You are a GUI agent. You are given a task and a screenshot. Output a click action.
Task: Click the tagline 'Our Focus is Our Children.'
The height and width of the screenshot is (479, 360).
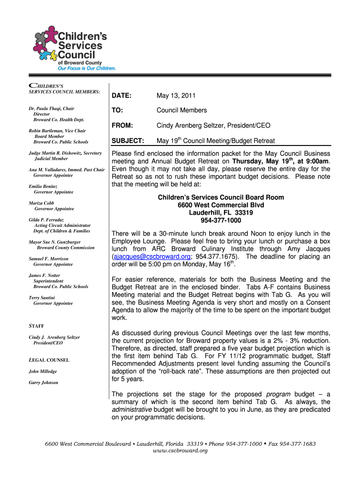pyautogui.click(x=86, y=68)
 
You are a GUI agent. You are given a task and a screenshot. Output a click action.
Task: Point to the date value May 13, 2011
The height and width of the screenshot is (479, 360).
pyautogui.click(x=176, y=96)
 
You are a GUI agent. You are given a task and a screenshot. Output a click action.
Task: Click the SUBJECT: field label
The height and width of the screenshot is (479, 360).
pyautogui.click(x=127, y=141)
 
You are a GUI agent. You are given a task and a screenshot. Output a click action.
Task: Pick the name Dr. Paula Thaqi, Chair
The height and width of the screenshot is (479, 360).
pyautogui.click(x=51, y=109)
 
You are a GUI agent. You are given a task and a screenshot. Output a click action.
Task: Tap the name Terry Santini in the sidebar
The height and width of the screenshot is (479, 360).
pyautogui.click(x=42, y=298)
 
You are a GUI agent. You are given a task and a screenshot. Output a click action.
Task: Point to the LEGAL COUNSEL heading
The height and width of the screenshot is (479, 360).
pyautogui.click(x=49, y=360)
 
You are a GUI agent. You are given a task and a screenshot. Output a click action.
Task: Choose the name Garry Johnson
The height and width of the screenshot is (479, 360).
pyautogui.click(x=43, y=382)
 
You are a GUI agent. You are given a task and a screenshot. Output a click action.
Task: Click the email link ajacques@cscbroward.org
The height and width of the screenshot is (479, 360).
pyautogui.click(x=151, y=257)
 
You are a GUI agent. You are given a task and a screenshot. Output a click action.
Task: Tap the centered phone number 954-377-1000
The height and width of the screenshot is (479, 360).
pyautogui.click(x=221, y=220)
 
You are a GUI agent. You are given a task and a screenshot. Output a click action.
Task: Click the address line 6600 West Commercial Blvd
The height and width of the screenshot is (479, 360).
pyautogui.click(x=221, y=205)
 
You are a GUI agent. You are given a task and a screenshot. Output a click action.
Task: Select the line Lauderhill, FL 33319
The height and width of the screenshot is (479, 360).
pyautogui.click(x=221, y=213)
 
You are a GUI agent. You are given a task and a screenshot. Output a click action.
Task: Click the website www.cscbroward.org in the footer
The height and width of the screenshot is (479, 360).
pyautogui.click(x=180, y=450)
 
